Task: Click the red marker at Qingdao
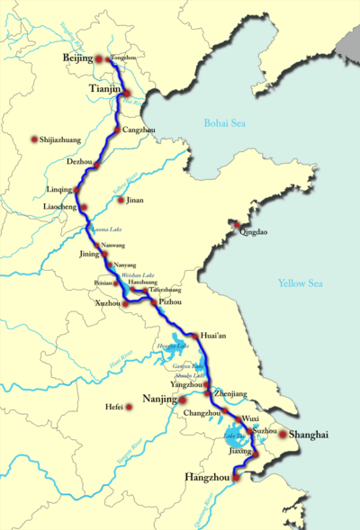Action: (x=237, y=224)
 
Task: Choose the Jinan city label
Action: (x=135, y=200)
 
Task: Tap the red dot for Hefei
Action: (x=130, y=408)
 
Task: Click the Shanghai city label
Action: (x=309, y=436)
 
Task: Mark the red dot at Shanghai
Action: (x=283, y=435)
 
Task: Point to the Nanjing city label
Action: (x=158, y=398)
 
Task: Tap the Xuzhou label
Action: (x=107, y=304)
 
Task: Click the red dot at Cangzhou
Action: (x=115, y=132)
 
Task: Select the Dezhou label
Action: (x=79, y=162)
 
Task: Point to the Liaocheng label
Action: (x=59, y=206)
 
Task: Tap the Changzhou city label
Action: (x=201, y=413)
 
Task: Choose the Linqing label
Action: (x=58, y=191)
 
